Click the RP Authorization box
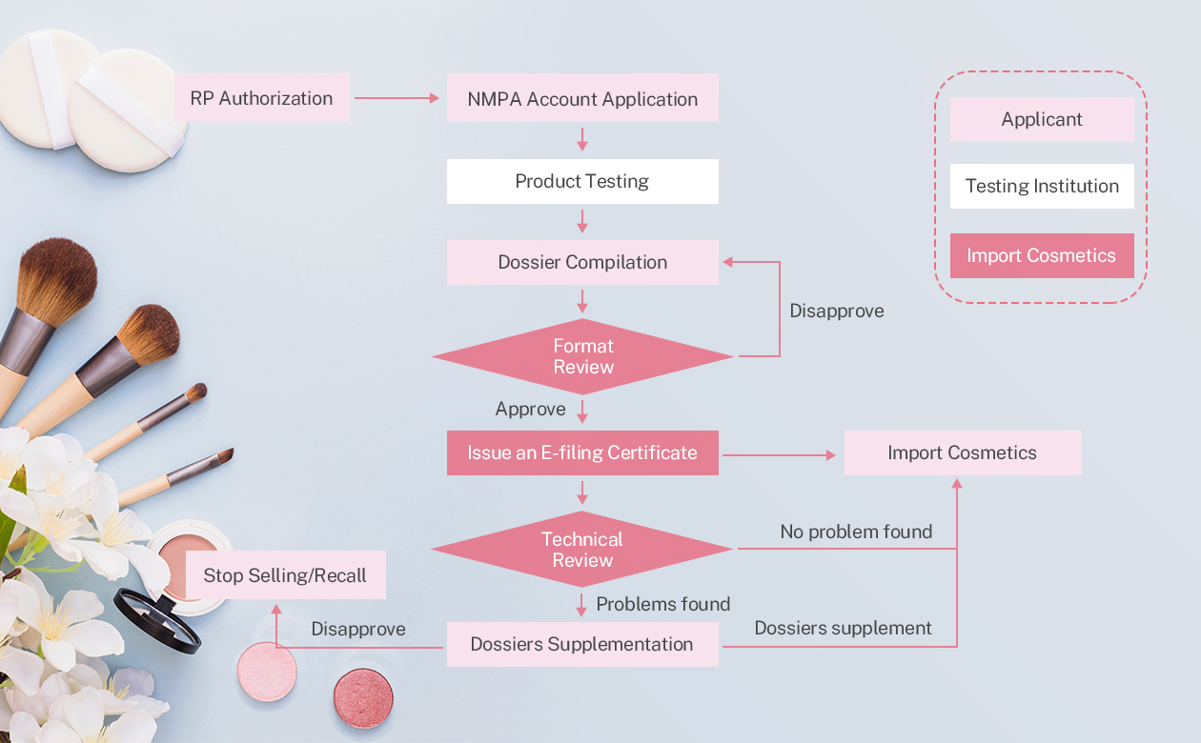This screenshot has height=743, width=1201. click(262, 98)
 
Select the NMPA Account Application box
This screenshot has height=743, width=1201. click(582, 98)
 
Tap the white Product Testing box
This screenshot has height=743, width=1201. click(582, 181)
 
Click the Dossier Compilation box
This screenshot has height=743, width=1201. click(582, 262)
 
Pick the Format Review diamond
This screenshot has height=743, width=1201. click(582, 356)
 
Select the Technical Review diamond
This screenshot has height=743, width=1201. click(582, 549)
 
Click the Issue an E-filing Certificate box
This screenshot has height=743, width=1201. click(582, 452)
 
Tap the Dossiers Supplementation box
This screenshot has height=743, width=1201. click(582, 644)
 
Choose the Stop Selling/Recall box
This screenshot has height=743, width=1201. click(285, 575)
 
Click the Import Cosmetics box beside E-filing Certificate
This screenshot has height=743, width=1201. click(962, 452)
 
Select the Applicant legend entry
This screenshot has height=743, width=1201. click(1042, 119)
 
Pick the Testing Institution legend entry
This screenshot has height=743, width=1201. click(1042, 186)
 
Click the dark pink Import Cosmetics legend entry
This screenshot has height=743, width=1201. click(1042, 255)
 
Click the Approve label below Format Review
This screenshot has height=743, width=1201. click(530, 409)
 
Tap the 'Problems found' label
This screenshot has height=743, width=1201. click(663, 604)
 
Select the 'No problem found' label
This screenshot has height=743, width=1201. click(856, 532)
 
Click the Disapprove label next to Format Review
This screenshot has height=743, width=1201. click(836, 311)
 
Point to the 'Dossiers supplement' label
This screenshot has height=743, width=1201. click(843, 628)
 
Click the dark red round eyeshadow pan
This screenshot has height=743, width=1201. click(363, 698)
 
